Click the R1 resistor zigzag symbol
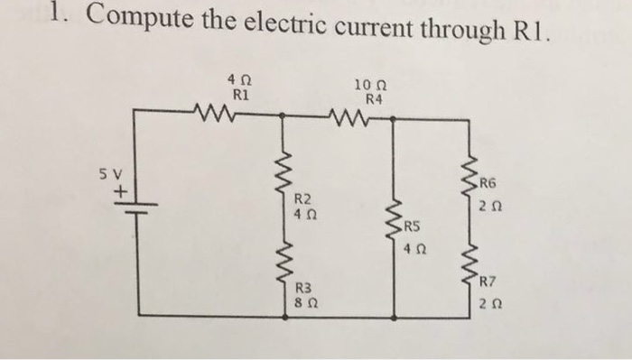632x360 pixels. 214,115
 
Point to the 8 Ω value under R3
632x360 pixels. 305,304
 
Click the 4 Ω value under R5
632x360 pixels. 414,246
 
